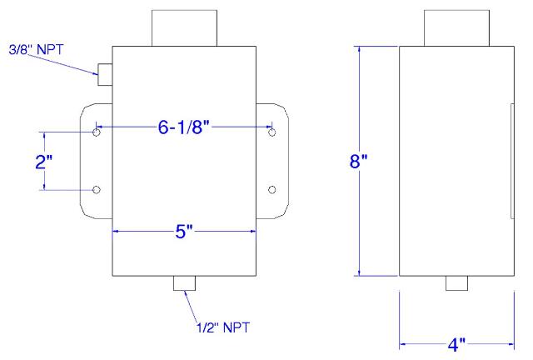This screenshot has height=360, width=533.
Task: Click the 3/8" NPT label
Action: point(36,50)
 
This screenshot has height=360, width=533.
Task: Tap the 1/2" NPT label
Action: point(223,327)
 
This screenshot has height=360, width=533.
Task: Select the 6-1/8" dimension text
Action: point(184,127)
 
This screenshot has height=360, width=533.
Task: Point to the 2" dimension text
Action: point(44,162)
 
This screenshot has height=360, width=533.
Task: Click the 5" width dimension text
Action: point(184,232)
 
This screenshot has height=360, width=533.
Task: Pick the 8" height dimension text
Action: point(359,161)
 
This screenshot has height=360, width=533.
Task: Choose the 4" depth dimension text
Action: point(456,345)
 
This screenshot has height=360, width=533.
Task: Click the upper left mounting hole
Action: point(97,132)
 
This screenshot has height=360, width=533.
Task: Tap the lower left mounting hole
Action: point(97,189)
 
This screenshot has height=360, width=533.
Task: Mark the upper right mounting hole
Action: point(272,132)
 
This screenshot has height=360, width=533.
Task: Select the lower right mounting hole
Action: point(272,189)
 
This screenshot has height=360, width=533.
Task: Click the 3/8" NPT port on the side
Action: point(105,74)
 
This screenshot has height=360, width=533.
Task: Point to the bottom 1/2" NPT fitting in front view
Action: point(185,283)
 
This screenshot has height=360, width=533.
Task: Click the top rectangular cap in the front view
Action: point(184,28)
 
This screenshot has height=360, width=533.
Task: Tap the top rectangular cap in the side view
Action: point(457,28)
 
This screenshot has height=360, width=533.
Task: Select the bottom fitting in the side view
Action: point(457,283)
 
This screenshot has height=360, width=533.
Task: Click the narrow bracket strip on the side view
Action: point(513,161)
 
